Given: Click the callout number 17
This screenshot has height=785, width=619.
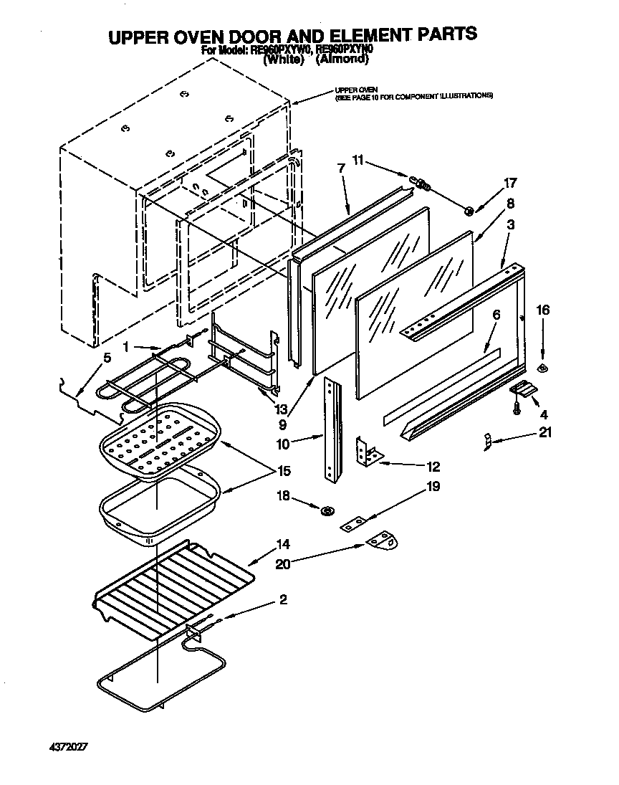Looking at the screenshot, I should (510, 183).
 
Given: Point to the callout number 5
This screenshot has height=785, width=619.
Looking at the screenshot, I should (107, 358).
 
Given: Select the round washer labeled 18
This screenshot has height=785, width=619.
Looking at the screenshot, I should (327, 511).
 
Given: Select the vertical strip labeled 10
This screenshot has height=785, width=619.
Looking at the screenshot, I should (332, 429).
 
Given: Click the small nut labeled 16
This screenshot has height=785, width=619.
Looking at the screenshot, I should (542, 369).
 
